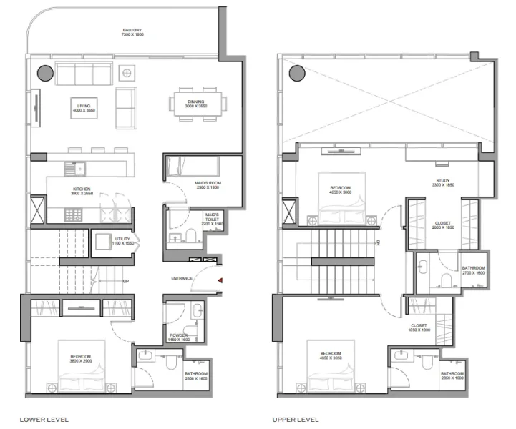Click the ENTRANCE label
click(x=181, y=278)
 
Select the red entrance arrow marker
click(x=220, y=280)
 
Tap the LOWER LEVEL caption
click(x=44, y=420)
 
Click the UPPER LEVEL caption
click(x=296, y=420)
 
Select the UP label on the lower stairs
click(x=126, y=281)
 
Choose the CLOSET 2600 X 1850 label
click(x=443, y=225)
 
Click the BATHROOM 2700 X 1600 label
click(x=472, y=270)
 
